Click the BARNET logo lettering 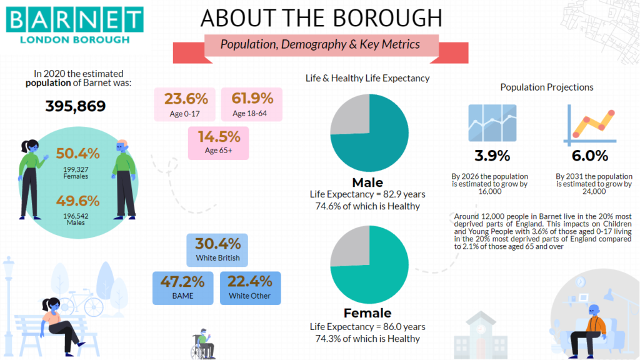point(75,19)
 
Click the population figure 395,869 point(76,106)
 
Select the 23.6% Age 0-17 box point(184,104)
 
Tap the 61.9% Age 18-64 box point(251,104)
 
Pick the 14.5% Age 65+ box point(218,143)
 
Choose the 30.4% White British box point(217,250)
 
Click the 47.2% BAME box point(183,288)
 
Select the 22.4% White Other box point(250,288)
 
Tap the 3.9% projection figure point(492,156)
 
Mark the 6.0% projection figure point(590,156)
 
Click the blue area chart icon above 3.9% point(492,123)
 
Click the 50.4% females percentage point(77,154)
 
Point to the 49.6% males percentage point(77,201)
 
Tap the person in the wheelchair point(203,344)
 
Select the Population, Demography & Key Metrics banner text point(320,44)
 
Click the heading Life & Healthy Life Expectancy point(367,78)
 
